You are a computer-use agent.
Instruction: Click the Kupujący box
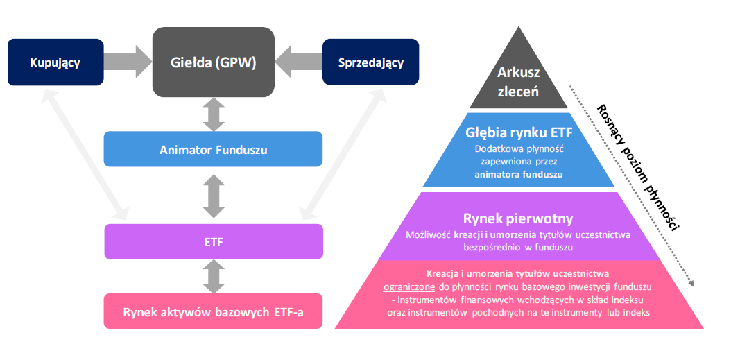55,63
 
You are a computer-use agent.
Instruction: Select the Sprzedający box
371,63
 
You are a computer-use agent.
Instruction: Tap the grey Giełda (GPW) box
213,62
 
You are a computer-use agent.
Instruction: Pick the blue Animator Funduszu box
213,149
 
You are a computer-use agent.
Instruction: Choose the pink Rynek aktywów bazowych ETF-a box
213,311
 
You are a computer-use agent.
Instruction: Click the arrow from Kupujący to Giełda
128,63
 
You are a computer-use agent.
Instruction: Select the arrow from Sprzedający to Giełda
298,63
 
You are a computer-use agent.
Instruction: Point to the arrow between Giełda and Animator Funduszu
214,114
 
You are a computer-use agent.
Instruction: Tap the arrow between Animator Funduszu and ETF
214,196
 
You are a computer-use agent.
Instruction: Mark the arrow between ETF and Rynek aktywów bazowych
214,277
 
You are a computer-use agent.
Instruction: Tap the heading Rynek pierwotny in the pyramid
518,219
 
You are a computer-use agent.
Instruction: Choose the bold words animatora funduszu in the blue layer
518,175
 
